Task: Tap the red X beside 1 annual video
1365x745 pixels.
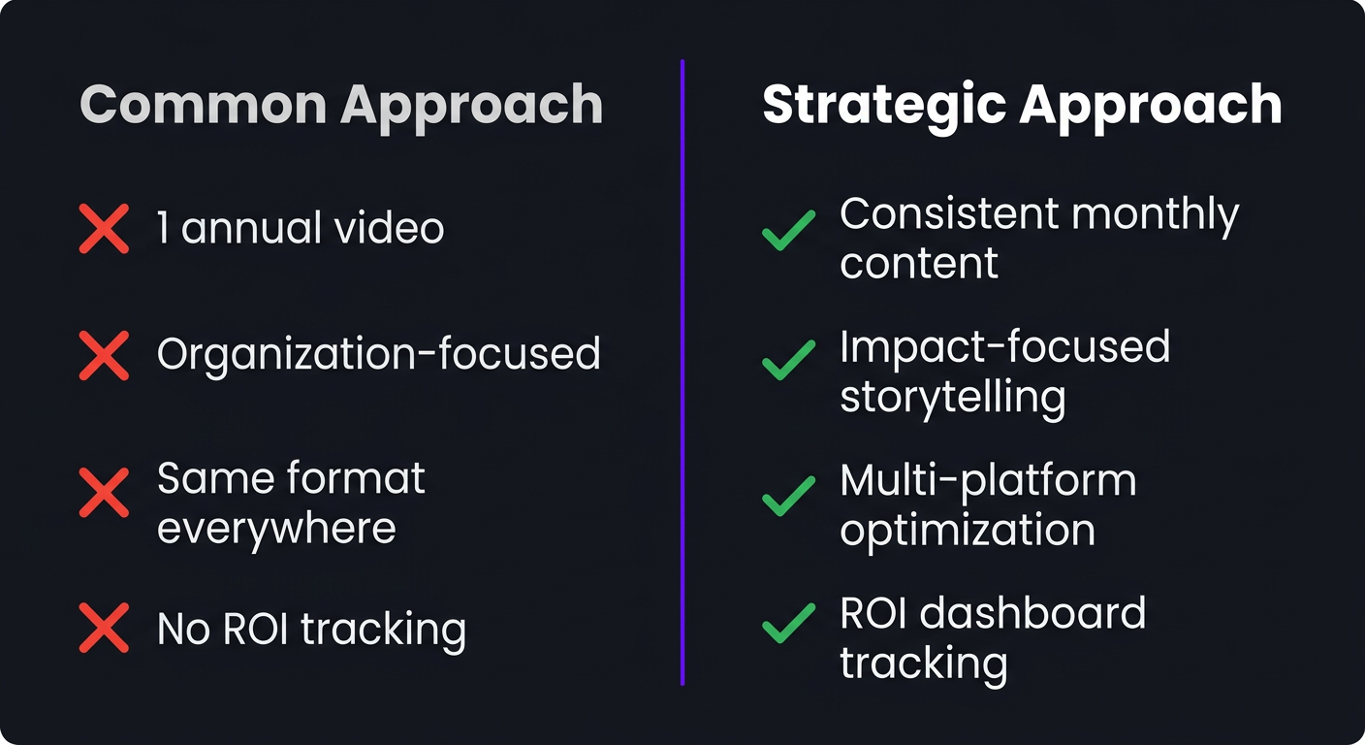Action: point(104,230)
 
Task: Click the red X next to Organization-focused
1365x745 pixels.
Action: point(104,355)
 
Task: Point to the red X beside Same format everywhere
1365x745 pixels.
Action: point(104,493)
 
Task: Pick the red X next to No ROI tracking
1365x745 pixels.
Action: point(104,629)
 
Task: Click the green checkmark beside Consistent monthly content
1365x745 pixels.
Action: point(788,233)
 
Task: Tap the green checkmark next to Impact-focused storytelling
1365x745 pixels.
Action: point(788,361)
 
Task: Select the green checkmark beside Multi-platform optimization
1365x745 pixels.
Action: point(788,497)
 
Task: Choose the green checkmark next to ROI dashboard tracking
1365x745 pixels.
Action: point(788,624)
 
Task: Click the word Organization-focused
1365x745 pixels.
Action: point(379,355)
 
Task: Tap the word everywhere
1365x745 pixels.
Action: point(276,530)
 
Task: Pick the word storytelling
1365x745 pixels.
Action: point(952,398)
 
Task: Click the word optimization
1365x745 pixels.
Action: point(967,531)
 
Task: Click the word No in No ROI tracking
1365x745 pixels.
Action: point(184,629)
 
